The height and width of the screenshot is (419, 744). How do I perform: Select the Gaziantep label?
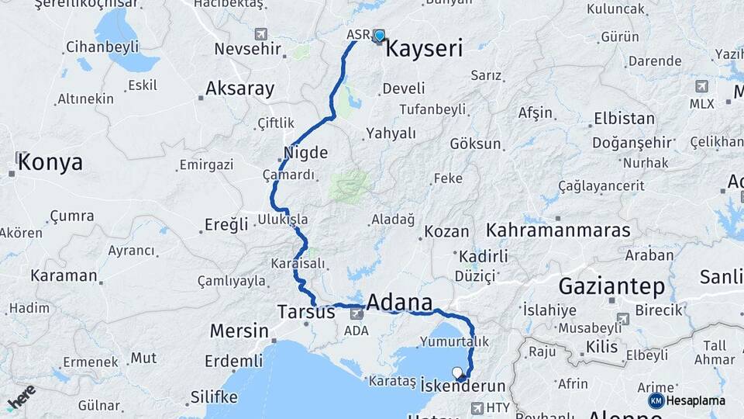coord(611,286)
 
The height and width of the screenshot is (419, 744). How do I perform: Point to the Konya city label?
coord(50,162)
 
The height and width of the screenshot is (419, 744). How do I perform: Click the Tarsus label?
coord(306,312)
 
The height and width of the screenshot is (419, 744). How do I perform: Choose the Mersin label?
coord(239,331)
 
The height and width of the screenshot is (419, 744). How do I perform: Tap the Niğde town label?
coord(306,152)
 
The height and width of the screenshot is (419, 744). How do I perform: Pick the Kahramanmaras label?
coord(569,230)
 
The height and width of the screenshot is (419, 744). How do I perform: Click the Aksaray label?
coord(240,88)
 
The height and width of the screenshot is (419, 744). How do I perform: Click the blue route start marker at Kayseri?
coord(379,35)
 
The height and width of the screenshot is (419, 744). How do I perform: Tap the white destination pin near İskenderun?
coord(457,372)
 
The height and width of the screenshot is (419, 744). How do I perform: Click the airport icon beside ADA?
coord(356,313)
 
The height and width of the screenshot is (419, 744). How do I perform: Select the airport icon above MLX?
coord(702,86)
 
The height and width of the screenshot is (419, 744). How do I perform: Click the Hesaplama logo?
coord(687,400)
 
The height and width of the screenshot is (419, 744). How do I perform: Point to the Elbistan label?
coord(623,119)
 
